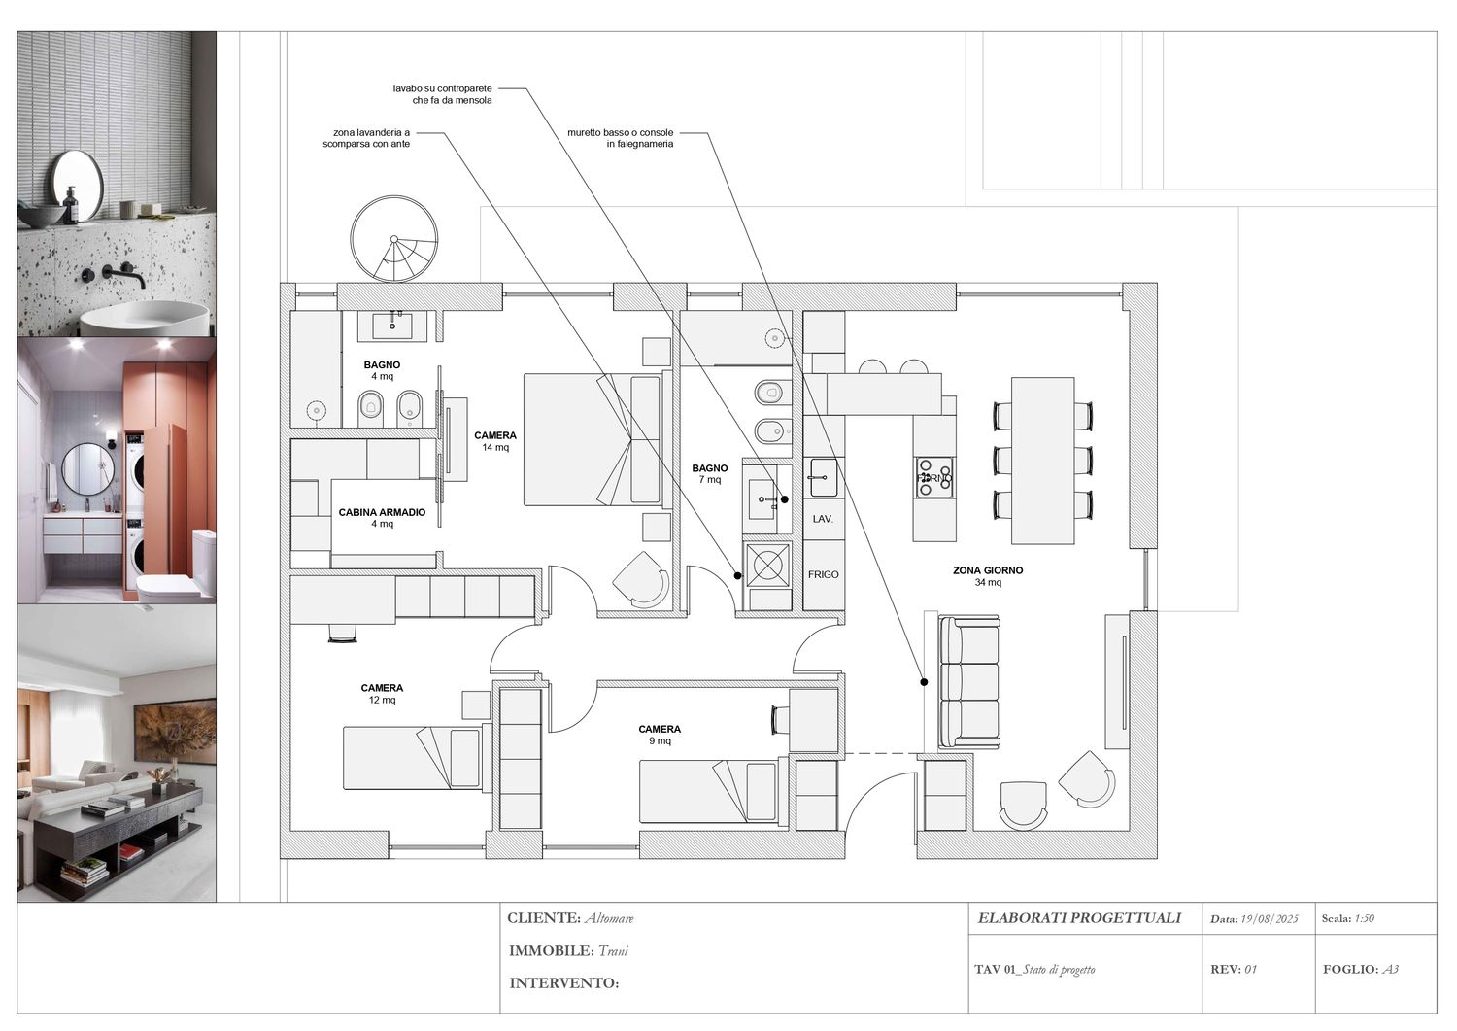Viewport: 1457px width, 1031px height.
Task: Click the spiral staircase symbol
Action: click(393, 239)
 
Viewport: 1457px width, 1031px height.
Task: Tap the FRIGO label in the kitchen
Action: click(823, 574)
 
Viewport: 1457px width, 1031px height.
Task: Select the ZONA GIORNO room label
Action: click(988, 571)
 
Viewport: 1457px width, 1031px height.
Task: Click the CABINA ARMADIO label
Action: click(382, 512)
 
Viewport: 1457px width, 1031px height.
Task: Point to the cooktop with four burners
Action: click(935, 478)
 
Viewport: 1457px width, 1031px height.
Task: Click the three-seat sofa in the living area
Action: click(968, 681)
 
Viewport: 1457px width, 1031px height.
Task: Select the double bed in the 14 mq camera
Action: click(592, 439)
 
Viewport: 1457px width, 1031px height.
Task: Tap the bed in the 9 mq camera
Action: click(710, 791)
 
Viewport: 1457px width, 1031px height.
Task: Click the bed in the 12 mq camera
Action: click(413, 758)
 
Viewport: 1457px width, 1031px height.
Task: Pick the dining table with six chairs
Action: click(1043, 461)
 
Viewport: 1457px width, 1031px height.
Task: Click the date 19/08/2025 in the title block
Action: click(1269, 919)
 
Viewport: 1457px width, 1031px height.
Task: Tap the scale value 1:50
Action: click(1364, 918)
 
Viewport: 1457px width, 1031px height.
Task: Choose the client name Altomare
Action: click(609, 918)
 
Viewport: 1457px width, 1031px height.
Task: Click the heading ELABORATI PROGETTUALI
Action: click(1079, 918)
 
